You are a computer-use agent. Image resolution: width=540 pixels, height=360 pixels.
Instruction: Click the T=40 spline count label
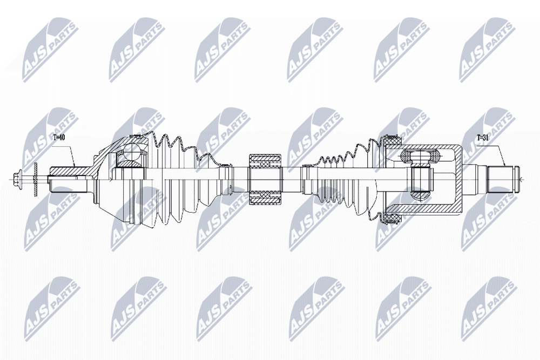click(x=59, y=138)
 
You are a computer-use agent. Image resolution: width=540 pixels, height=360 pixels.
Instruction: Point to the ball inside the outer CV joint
click(x=130, y=154)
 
